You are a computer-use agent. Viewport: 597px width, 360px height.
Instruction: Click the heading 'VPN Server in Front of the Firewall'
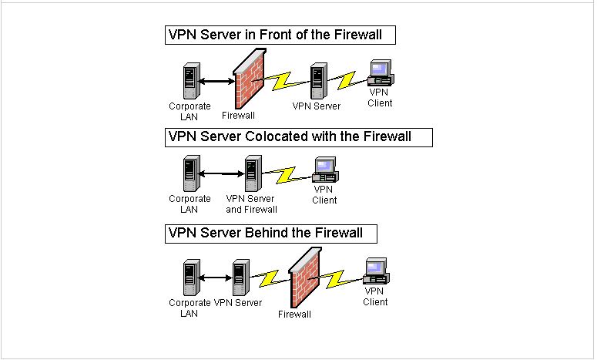click(x=275, y=35)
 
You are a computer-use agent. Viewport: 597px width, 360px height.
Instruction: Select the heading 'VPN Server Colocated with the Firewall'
click(x=290, y=136)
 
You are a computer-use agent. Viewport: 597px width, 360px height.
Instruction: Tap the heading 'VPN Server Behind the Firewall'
click(x=265, y=233)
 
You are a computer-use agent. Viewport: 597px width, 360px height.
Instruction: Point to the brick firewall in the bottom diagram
click(x=305, y=278)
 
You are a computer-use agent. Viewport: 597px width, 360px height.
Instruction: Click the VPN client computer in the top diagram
click(x=381, y=72)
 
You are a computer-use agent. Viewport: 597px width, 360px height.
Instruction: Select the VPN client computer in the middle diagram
click(x=325, y=170)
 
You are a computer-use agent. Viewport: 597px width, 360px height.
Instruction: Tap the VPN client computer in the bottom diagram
click(x=376, y=271)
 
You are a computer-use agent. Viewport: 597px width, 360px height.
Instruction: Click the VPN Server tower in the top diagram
click(x=319, y=81)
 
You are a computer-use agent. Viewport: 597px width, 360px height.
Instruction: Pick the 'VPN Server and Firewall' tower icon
click(x=253, y=173)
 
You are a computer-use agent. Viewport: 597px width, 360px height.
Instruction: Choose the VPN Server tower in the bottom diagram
click(x=241, y=278)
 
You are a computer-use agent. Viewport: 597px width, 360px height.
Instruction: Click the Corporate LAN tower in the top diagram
click(x=192, y=81)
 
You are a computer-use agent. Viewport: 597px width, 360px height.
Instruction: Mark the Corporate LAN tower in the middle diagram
click(x=192, y=173)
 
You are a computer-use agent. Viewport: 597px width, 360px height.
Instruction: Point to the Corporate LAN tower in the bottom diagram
click(x=192, y=278)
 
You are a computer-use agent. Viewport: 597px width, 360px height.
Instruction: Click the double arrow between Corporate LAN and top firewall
click(x=216, y=81)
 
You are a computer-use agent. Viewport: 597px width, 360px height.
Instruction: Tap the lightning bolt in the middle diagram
click(x=287, y=174)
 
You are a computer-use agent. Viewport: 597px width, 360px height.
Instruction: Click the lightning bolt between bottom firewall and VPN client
click(x=335, y=279)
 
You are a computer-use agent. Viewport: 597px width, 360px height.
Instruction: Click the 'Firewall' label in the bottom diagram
click(x=294, y=315)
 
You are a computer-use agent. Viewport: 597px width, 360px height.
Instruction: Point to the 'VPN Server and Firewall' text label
click(x=251, y=204)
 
